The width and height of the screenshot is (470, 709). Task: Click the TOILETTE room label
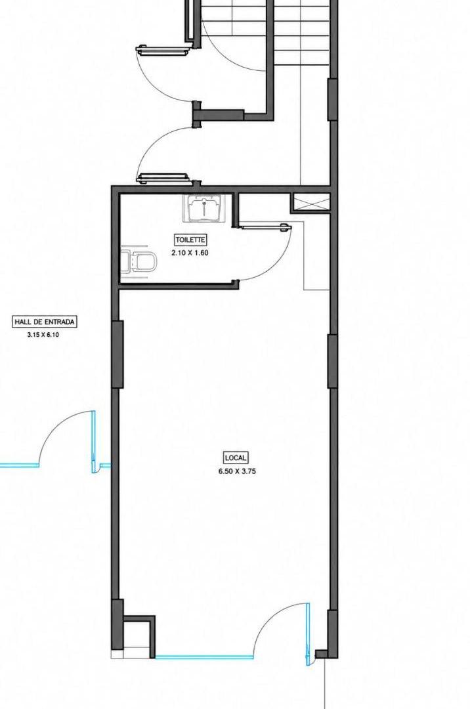190,240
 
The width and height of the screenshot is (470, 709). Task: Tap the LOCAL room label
236,458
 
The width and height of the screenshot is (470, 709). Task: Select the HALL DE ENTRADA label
44,322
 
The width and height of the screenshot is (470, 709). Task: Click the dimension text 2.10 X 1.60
190,253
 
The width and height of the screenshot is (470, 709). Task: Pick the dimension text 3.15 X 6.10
43,335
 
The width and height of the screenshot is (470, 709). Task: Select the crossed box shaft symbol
310,202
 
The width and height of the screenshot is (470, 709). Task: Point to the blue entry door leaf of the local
309,634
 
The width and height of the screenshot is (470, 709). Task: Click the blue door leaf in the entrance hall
94,442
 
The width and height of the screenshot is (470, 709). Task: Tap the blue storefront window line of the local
204,657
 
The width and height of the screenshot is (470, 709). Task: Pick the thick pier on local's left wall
117,354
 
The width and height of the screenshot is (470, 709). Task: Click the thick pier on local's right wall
332,361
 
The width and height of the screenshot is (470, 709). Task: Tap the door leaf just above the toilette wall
163,178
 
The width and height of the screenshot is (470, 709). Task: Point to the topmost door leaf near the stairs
163,51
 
